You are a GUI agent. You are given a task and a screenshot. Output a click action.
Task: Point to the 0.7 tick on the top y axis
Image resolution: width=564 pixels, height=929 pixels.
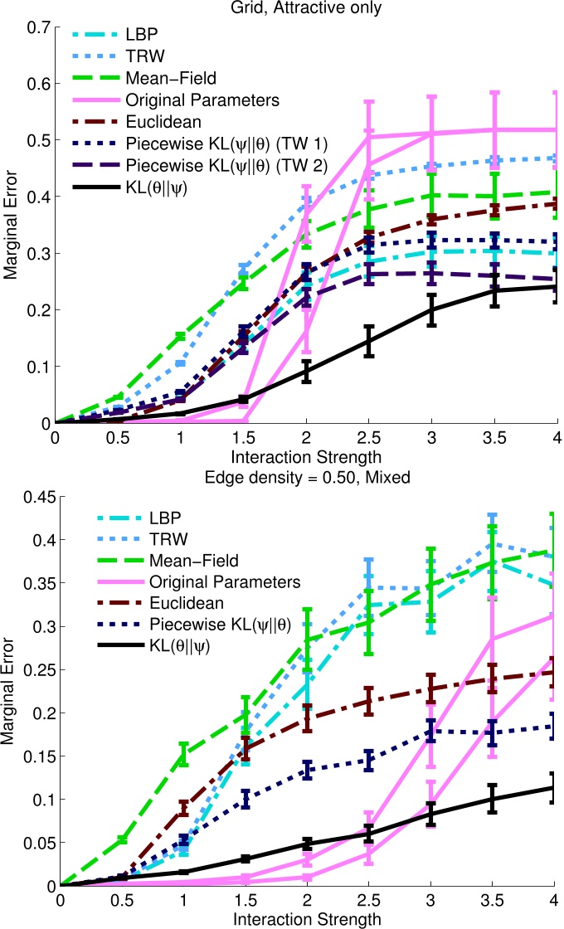tap(37, 27)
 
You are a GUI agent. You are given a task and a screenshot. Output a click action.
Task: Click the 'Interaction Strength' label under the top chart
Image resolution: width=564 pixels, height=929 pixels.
tap(305, 455)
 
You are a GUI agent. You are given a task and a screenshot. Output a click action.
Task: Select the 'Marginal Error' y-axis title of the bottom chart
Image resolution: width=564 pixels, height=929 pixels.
tap(11, 690)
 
